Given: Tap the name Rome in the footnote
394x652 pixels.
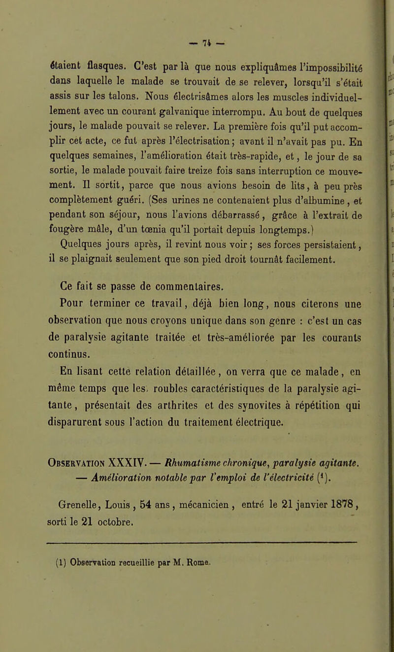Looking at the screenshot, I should (x=214, y=548).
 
